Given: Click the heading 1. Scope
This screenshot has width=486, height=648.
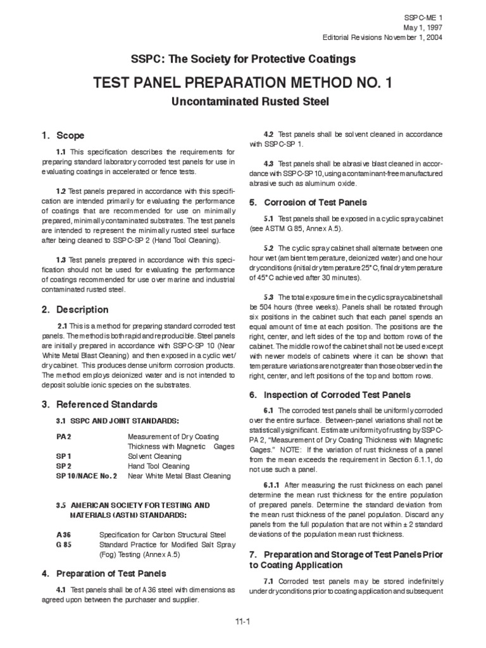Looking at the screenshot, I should point(63,135).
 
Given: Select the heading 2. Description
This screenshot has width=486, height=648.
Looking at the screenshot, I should point(75,309).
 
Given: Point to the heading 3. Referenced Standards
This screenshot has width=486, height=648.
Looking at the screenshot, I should point(99,404).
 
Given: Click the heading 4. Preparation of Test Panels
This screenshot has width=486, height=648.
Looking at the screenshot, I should point(104,573).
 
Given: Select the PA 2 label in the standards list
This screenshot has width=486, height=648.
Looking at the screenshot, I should point(64,437).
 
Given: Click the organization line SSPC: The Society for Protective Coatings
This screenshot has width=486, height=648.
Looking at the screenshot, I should point(242,59).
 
